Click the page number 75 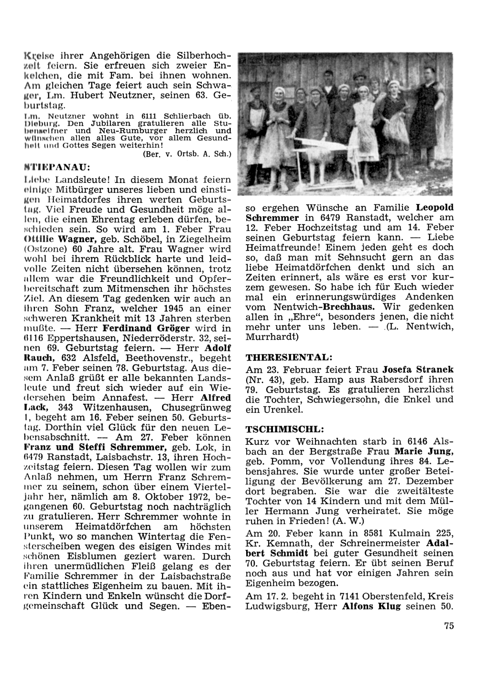[x=448, y=626]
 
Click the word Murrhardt [x=271, y=337]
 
